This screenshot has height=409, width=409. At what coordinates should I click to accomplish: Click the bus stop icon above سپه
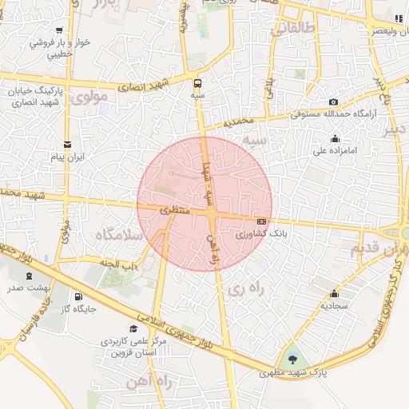coord(197,82)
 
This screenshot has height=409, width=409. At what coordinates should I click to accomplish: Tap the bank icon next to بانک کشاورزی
coord(261,221)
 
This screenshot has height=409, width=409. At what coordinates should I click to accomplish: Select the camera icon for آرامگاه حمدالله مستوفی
coord(333,102)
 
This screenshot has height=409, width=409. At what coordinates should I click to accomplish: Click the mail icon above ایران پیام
coord(68,145)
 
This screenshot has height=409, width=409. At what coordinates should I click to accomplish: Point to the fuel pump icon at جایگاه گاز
coord(77,296)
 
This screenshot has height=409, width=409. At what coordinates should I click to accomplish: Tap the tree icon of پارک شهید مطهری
coord(291,359)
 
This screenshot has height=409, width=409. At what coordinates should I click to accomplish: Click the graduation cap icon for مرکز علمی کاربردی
coord(133,328)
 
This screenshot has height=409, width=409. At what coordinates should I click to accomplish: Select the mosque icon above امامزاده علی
coord(335,138)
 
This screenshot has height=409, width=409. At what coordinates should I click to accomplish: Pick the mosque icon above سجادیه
coord(333,293)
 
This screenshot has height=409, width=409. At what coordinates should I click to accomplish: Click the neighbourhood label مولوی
coord(88,98)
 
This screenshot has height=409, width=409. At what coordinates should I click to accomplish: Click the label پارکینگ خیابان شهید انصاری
coord(38,97)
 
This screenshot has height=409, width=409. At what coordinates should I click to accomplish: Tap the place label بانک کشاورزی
coord(261,236)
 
